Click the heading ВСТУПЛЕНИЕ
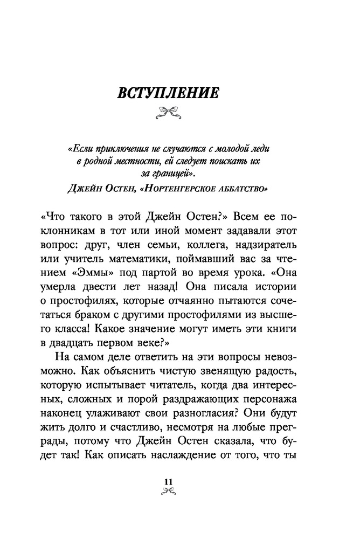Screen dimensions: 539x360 pyautogui.click(x=169, y=93)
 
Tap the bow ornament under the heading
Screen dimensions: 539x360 pyautogui.click(x=169, y=112)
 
